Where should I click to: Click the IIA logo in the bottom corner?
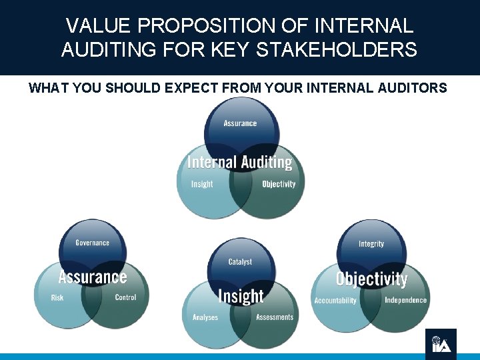tap(441, 343)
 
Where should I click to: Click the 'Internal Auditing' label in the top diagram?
tap(240, 162)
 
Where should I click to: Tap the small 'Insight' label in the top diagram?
tap(202, 184)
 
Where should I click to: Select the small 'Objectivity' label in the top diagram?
tap(279, 184)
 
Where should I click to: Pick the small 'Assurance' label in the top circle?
tap(240, 123)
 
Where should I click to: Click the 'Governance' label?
tap(92, 243)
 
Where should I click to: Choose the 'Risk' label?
tap(57, 297)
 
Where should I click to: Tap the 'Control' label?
tap(125, 297)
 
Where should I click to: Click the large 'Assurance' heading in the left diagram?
tap(92, 276)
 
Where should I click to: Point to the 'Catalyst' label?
tap(240, 262)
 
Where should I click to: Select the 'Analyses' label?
tap(205, 317)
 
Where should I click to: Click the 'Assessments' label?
tap(275, 317)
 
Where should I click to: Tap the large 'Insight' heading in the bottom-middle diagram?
tap(241, 296)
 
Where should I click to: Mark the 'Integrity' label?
tap(371, 244)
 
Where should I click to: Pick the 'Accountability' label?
tap(335, 301)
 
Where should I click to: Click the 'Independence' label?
tap(405, 300)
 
